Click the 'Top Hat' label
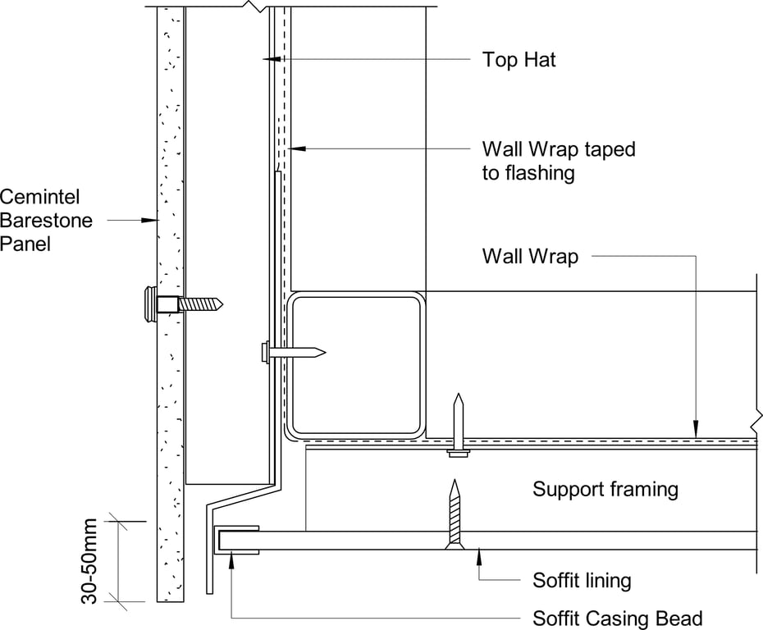(519, 59)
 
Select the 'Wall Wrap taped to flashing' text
(559, 161)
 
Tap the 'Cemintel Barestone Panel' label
(46, 220)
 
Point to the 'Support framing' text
(605, 490)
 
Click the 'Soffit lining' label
(582, 581)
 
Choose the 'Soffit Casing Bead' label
(618, 618)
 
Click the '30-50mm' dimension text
(89, 561)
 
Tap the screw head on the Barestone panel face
(151, 304)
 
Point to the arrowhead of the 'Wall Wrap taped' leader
(298, 148)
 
